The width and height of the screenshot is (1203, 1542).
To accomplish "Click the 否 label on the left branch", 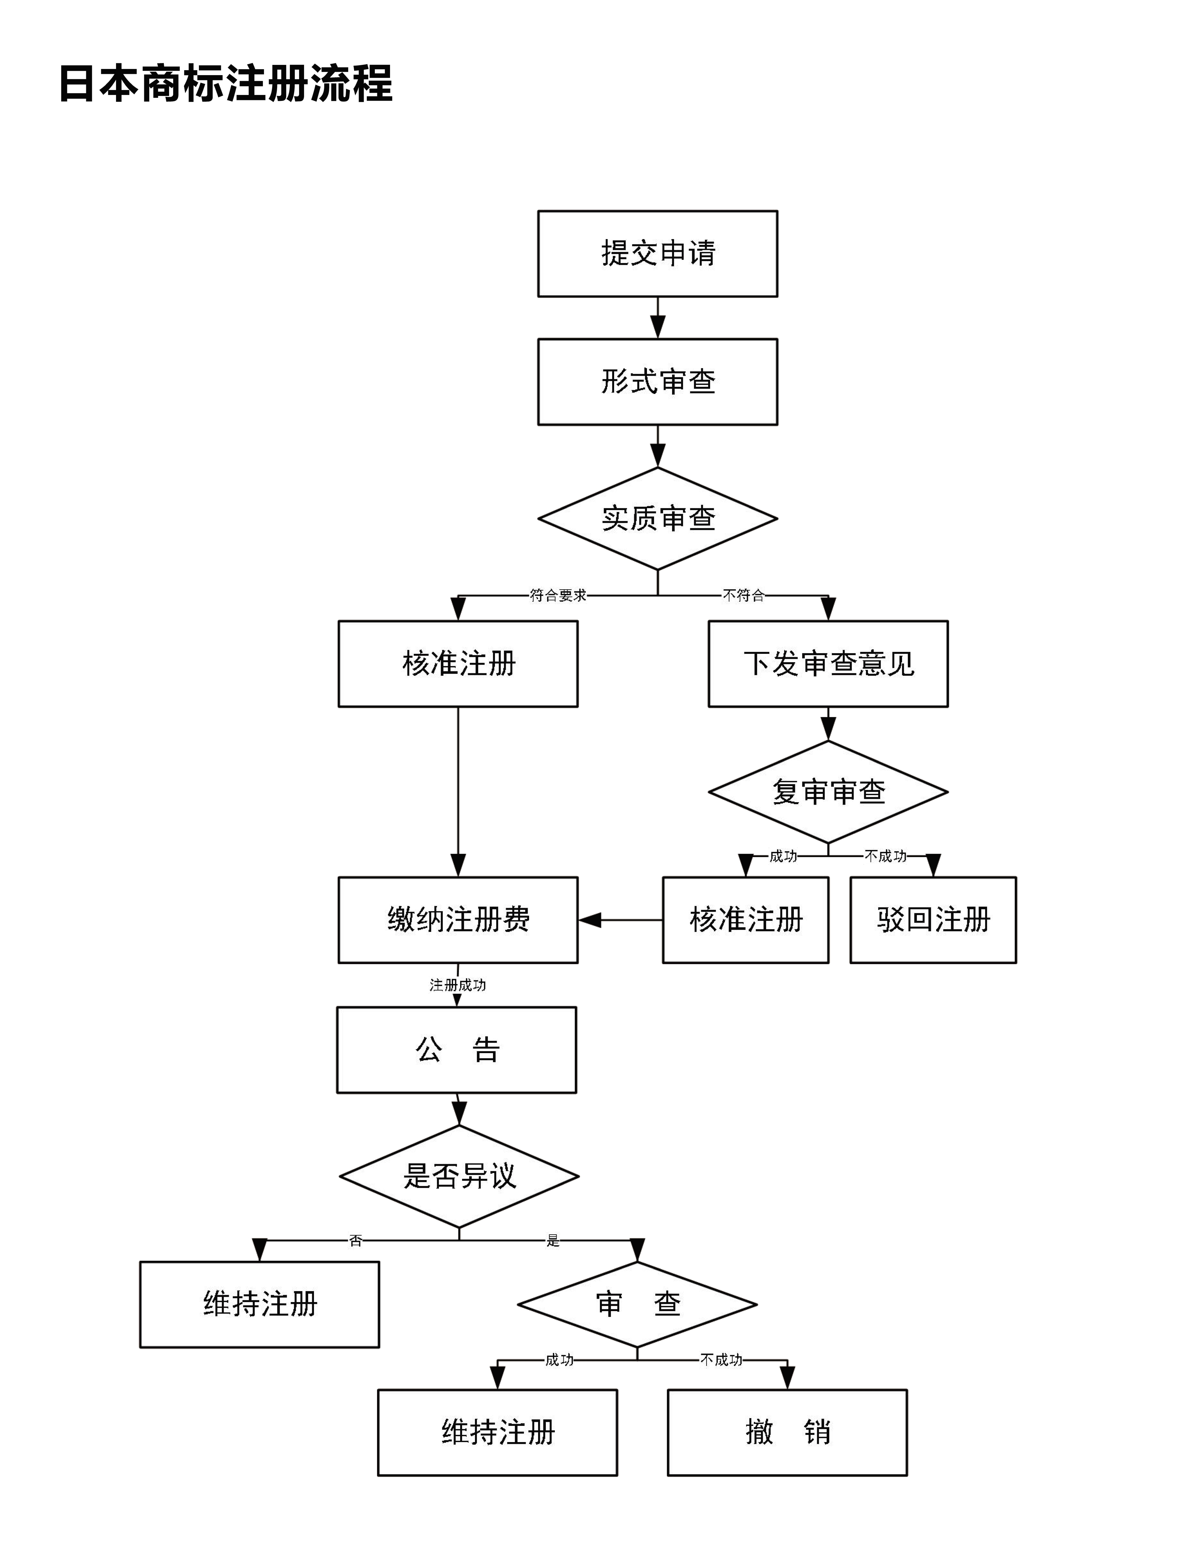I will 356,1241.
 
